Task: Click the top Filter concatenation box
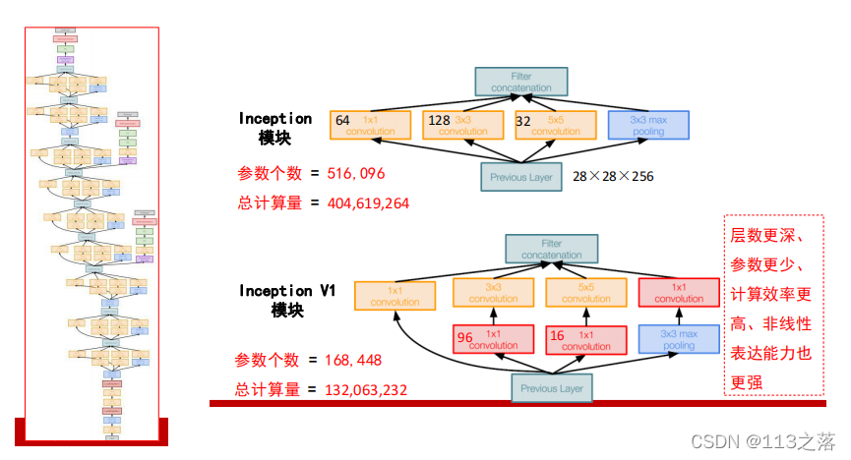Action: [x=520, y=82]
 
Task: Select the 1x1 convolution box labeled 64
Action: [x=370, y=125]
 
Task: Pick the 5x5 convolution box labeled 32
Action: [x=555, y=125]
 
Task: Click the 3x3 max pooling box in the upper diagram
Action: [x=648, y=125]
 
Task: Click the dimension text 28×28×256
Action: [x=614, y=176]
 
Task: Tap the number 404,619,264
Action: [x=367, y=203]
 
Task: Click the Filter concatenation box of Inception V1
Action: [x=551, y=249]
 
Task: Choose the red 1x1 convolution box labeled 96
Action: [x=492, y=339]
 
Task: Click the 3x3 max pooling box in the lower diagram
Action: [x=679, y=339]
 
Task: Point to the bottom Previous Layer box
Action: [x=552, y=387]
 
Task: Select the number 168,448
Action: [x=352, y=360]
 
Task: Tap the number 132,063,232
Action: [x=366, y=389]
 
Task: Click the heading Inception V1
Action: [x=287, y=291]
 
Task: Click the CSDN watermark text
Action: [x=762, y=440]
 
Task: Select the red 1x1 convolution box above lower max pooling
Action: [x=679, y=292]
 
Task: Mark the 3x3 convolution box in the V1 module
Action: [x=493, y=293]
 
